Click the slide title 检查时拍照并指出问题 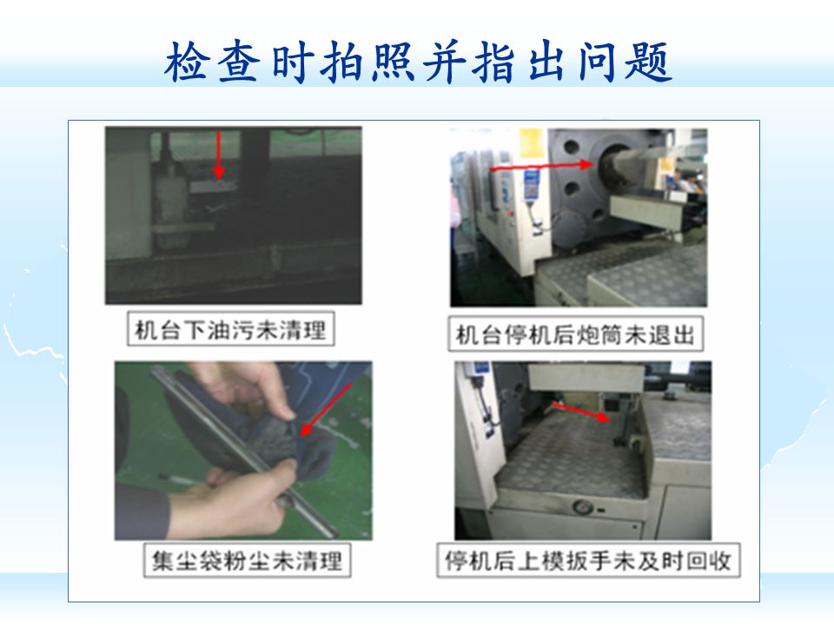(418, 62)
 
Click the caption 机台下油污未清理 (230, 330)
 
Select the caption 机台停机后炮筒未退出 (575, 335)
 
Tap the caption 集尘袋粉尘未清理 (247, 560)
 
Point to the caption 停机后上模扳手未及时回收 (588, 560)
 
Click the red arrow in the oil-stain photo (219, 155)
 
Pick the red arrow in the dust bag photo (326, 409)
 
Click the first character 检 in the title (186, 62)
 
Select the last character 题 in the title (650, 62)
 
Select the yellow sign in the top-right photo (533, 143)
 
